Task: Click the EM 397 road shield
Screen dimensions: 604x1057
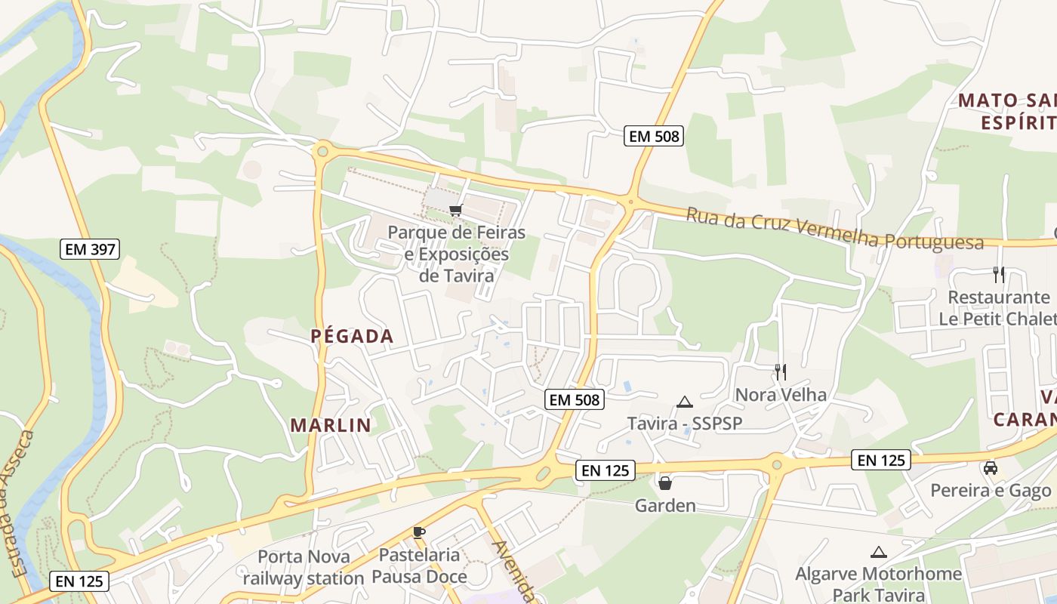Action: [90, 249]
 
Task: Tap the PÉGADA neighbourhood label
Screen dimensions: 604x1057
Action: [353, 337]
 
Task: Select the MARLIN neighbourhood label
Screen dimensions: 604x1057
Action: [331, 425]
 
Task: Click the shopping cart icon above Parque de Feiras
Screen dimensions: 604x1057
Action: [455, 210]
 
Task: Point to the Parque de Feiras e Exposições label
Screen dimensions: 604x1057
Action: [456, 254]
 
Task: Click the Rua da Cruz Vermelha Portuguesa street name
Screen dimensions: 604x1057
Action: [834, 229]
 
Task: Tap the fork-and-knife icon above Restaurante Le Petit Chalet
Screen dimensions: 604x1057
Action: [999, 275]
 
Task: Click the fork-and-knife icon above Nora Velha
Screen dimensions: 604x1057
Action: [781, 371]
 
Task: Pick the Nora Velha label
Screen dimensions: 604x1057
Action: [781, 395]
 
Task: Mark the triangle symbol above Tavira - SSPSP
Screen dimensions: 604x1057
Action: [685, 402]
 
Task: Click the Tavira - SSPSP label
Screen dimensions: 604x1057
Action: [685, 424]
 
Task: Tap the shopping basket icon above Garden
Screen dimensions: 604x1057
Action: [665, 483]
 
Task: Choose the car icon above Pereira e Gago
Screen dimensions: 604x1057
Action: [991, 468]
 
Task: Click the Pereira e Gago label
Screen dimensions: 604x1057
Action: [991, 491]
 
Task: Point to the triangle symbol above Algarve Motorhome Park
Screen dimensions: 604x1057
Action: [878, 553]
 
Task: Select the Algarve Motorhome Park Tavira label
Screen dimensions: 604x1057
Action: [878, 584]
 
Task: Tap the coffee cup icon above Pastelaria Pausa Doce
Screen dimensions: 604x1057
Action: [419, 532]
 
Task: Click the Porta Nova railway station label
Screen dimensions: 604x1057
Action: [304, 568]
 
